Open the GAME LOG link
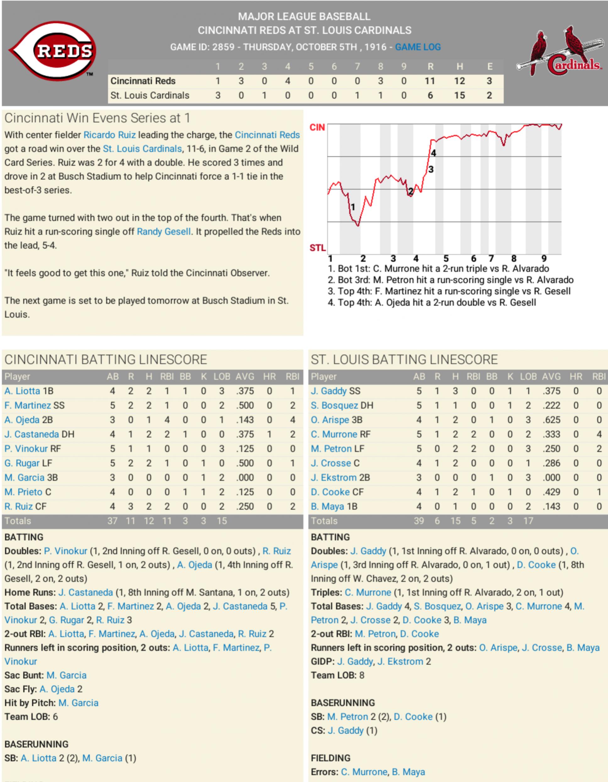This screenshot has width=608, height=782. [418, 47]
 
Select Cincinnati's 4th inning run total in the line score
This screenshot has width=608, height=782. [287, 81]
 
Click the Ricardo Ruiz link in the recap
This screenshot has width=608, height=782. [109, 135]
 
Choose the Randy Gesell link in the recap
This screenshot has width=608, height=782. [163, 232]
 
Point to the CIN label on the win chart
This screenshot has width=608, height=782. [317, 127]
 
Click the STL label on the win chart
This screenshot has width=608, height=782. [317, 248]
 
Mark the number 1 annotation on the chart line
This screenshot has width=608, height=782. [353, 207]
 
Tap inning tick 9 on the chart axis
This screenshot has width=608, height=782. [544, 258]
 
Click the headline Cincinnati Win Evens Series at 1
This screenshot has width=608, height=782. [97, 118]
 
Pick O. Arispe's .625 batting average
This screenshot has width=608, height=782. [551, 420]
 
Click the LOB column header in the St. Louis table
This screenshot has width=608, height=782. [528, 377]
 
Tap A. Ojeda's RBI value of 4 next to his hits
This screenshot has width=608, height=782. [167, 420]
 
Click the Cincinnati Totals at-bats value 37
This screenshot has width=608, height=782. [112, 521]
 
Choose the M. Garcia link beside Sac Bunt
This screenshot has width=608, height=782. [67, 675]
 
